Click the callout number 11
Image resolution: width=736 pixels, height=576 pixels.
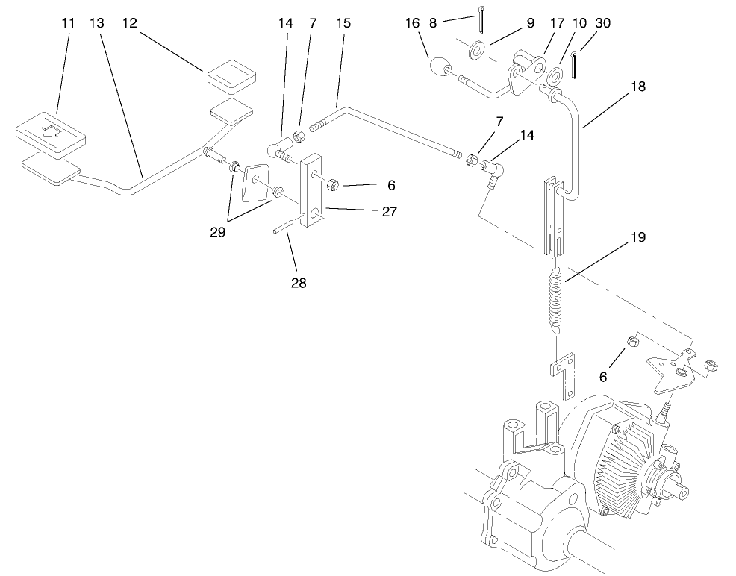pyautogui.click(x=68, y=23)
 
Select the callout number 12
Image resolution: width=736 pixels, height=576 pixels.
pyautogui.click(x=131, y=23)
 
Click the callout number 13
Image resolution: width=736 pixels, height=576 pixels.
pyautogui.click(x=96, y=23)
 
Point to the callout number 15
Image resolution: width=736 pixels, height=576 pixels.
pyautogui.click(x=343, y=23)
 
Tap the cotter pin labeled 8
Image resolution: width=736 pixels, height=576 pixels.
pyautogui.click(x=482, y=19)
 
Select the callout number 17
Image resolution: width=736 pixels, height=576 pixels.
pyautogui.click(x=557, y=23)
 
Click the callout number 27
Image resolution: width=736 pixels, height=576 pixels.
pyautogui.click(x=389, y=211)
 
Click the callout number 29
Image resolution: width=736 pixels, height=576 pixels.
pyautogui.click(x=218, y=232)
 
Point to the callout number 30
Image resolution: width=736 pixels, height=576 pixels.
pyautogui.click(x=603, y=23)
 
